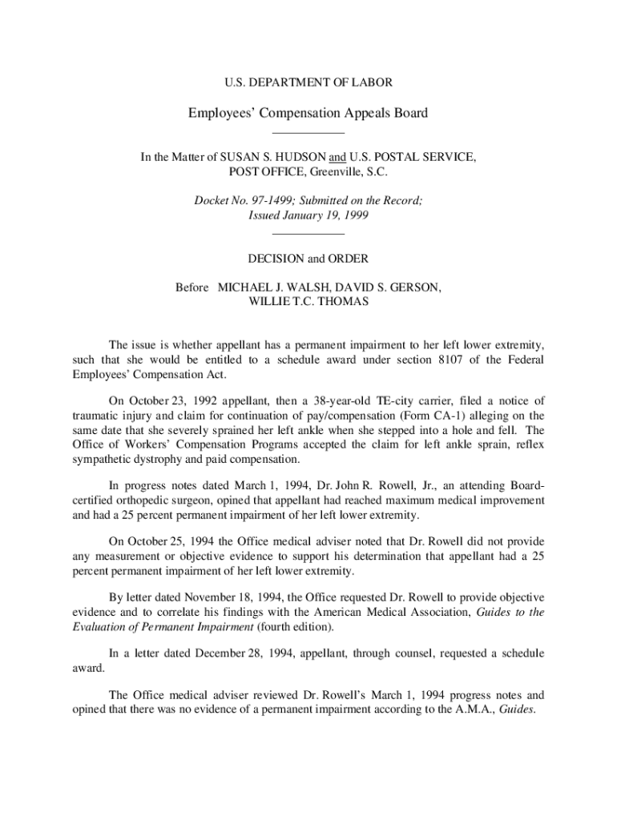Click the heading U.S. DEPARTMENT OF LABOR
tap(308, 82)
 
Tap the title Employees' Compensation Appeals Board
tap(308, 113)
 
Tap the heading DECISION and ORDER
tap(308, 259)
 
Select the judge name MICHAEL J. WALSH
tap(264, 287)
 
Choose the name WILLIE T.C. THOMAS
tap(308, 302)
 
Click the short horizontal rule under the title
tap(308, 132)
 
